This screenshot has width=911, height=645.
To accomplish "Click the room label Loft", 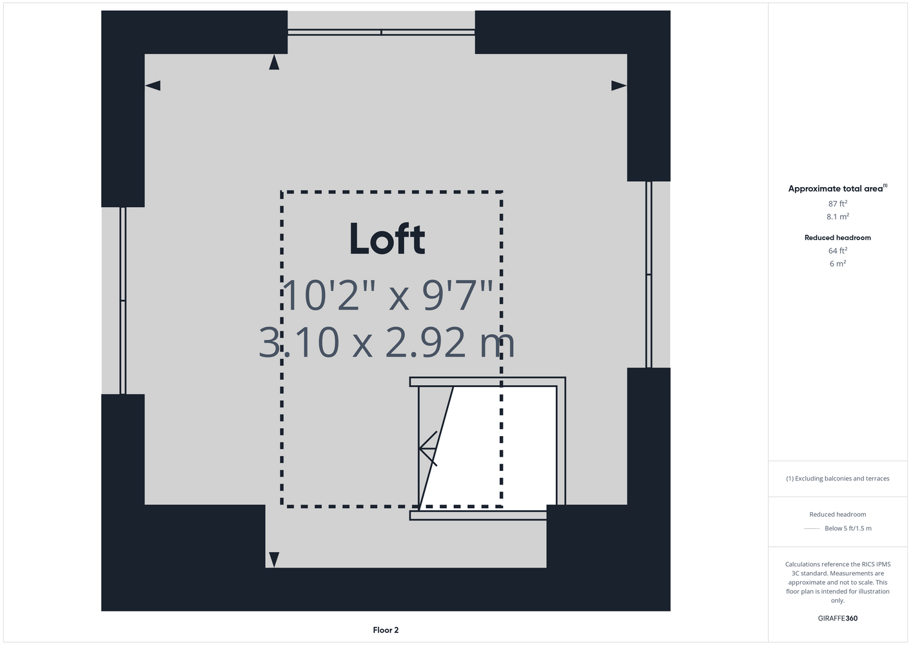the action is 387,239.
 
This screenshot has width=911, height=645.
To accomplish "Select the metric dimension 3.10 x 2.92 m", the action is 387,342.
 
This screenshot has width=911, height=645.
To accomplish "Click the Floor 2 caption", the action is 386,630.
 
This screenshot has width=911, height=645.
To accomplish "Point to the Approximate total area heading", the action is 838,188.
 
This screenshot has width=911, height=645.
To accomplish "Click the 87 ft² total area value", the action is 838,203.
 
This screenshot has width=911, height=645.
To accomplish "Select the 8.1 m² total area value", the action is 838,216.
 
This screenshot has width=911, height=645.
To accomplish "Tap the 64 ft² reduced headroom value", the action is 838,250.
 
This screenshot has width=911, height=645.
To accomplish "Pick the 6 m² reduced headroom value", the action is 838,263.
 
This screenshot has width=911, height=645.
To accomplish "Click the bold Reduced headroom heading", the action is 838,237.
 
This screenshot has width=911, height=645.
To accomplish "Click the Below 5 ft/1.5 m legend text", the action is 848,528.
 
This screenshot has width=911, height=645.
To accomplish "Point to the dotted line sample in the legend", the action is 812,529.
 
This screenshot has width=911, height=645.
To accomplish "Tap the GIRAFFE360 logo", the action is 838,618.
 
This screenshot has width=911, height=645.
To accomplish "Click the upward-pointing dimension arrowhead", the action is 274,63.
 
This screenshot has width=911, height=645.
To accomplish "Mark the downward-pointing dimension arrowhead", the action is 274,560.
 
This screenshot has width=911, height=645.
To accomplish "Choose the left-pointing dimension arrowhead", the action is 153,85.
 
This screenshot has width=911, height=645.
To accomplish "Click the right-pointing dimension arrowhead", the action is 619,85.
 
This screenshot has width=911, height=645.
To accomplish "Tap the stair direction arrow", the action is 428,448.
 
